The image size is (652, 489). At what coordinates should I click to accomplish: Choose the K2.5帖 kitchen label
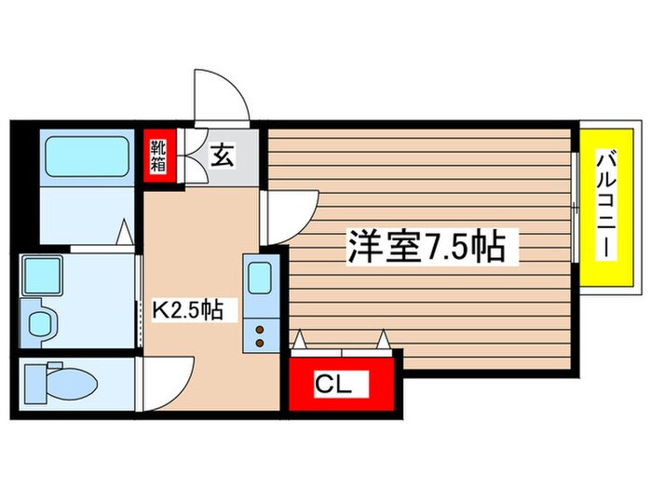pyautogui.click(x=188, y=309)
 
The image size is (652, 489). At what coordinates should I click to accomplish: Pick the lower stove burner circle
pyautogui.click(x=258, y=340)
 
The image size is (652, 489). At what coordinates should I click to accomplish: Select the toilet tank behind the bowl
pyautogui.click(x=35, y=382)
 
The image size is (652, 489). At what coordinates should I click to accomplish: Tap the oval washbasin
pyautogui.click(x=42, y=323)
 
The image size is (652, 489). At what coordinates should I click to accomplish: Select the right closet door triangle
pyautogui.click(x=382, y=342)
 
